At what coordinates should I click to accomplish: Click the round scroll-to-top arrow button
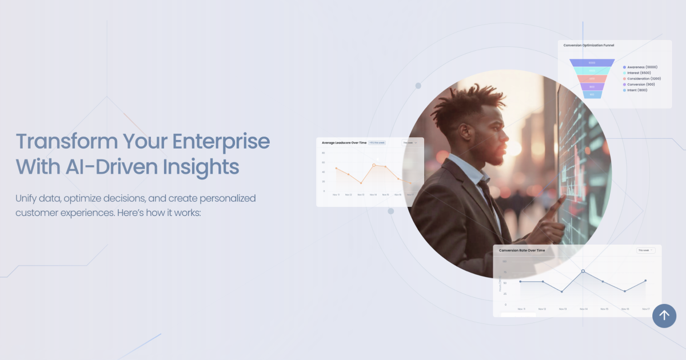point(664,315)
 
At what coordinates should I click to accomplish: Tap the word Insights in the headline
point(201,167)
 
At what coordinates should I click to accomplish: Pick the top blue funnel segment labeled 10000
point(592,63)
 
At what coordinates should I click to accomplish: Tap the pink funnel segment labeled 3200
point(592,79)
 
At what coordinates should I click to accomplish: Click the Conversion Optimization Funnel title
point(589,45)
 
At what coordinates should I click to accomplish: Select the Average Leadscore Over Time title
point(344,143)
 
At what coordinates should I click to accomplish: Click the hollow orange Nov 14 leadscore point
point(374,165)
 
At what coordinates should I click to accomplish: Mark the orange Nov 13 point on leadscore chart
point(361,183)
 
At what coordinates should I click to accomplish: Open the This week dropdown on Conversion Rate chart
point(645,250)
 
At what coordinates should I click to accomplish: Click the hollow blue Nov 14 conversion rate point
point(583,271)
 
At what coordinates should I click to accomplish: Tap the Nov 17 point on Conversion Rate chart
point(645,281)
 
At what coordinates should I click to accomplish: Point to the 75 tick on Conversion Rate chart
point(505,272)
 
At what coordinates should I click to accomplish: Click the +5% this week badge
point(377,143)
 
